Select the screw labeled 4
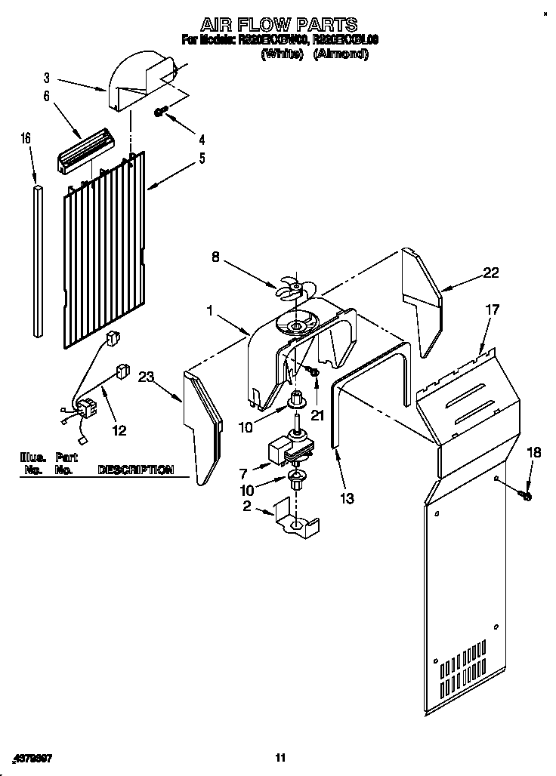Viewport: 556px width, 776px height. [160, 112]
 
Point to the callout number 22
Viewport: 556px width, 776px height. [490, 273]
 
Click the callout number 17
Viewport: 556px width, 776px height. [492, 309]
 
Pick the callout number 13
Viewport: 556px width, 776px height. [347, 497]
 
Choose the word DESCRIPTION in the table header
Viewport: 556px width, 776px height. [135, 470]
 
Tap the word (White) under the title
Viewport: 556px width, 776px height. [281, 54]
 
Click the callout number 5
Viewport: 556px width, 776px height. [202, 159]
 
